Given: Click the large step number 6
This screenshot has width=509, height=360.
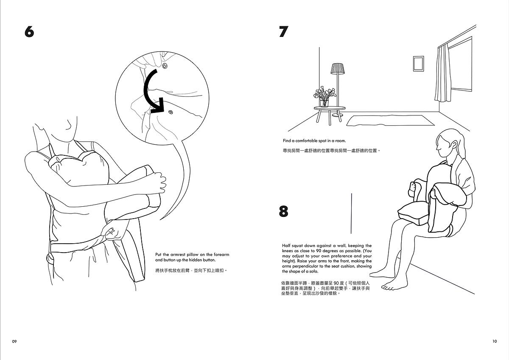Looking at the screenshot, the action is coord(29,31).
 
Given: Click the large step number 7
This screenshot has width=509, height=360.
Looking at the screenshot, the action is coord(284,31).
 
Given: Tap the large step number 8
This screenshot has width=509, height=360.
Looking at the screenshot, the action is coord(284,211).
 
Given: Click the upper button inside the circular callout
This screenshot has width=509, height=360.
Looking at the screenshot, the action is coord(165,66).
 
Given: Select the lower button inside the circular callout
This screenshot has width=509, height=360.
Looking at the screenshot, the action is coord(171,112).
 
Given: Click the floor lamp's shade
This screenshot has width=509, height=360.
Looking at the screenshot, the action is coord(338,69).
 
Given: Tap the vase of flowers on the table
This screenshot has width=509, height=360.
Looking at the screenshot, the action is coord(324,97).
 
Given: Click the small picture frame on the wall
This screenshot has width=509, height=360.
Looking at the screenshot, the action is coord(418,64).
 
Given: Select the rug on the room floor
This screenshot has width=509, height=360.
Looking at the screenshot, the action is coord(390,120).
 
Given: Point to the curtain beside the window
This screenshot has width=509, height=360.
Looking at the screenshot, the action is coord(443,73).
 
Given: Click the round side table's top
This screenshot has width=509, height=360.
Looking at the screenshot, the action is coord(330,108).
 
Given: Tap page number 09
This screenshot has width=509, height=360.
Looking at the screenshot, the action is coord(14,341).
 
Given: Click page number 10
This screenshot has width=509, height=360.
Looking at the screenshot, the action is coord(495,341).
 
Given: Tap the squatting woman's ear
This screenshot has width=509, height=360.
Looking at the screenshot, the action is coord(454,144).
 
